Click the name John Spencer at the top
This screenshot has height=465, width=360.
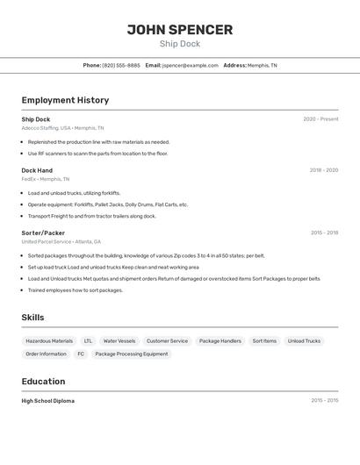click(x=180, y=29)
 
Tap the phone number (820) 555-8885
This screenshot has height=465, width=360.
click(x=121, y=65)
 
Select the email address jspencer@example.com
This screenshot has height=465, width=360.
click(x=190, y=65)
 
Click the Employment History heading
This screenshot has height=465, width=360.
click(x=65, y=100)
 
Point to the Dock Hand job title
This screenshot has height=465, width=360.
click(x=37, y=170)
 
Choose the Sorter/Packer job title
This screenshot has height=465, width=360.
click(x=43, y=232)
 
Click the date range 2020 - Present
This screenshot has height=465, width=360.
click(x=320, y=119)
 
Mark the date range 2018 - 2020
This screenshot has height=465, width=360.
click(x=323, y=170)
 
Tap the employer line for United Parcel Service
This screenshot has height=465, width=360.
click(x=61, y=241)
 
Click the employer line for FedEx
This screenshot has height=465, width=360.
click(x=46, y=179)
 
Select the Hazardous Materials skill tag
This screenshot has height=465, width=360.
click(x=49, y=340)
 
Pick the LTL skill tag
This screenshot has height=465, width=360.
click(x=88, y=340)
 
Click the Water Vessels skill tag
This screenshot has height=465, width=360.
click(x=119, y=340)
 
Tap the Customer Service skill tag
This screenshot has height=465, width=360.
click(x=167, y=340)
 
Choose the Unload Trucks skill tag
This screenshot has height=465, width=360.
click(x=304, y=340)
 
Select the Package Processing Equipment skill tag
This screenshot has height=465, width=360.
click(x=131, y=354)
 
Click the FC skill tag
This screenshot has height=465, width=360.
click(x=81, y=354)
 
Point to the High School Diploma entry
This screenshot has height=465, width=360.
click(x=48, y=401)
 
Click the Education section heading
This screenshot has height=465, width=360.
click(x=43, y=382)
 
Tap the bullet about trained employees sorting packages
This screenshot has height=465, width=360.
click(x=75, y=290)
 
